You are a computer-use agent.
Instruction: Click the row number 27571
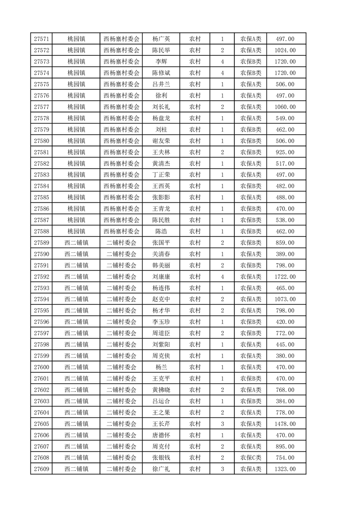coord(41,39)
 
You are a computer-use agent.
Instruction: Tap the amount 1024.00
coord(285,50)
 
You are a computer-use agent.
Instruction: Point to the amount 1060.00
coord(285,107)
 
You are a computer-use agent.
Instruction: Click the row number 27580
coord(41,141)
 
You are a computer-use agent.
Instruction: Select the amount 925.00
coord(285,152)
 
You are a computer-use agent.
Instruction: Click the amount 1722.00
coord(285,277)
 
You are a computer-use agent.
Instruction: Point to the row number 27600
coord(41,367)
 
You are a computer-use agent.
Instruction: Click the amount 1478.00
coord(285,424)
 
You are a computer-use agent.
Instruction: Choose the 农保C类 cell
coord(251,458)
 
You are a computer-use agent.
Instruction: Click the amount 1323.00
coord(285,469)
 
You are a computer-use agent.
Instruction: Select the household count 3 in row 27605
coord(222,424)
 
